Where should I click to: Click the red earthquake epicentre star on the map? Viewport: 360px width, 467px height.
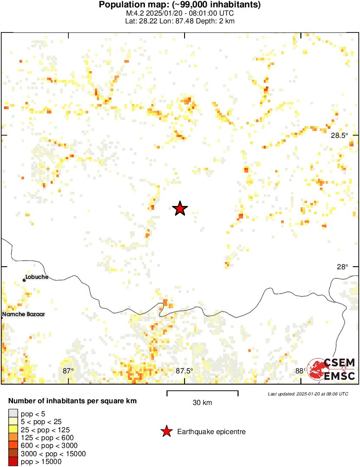tap(180, 209)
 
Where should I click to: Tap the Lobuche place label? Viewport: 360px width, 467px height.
tap(37, 277)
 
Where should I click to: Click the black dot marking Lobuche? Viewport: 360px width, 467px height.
tap(24, 280)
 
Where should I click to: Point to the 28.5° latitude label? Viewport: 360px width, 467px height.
tap(339, 135)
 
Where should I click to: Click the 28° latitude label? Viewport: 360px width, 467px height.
tap(342, 267)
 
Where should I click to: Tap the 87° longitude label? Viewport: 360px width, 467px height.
tap(68, 370)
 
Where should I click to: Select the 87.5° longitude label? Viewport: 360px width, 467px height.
tap(184, 370)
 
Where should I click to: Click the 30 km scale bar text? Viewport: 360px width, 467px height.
tap(202, 403)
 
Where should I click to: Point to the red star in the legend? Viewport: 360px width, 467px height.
tap(166, 431)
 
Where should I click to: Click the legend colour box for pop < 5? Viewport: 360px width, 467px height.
tap(13, 413)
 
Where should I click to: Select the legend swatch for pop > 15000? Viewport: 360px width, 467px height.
tap(13, 462)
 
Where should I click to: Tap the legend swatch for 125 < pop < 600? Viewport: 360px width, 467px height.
tap(13, 438)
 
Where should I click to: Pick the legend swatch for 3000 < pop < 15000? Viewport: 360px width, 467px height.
tap(13, 454)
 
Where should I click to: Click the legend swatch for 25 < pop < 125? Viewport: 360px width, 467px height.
tap(13, 429)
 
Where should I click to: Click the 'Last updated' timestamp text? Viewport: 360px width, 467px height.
tap(308, 394)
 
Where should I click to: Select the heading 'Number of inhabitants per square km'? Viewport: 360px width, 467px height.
tap(72, 401)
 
